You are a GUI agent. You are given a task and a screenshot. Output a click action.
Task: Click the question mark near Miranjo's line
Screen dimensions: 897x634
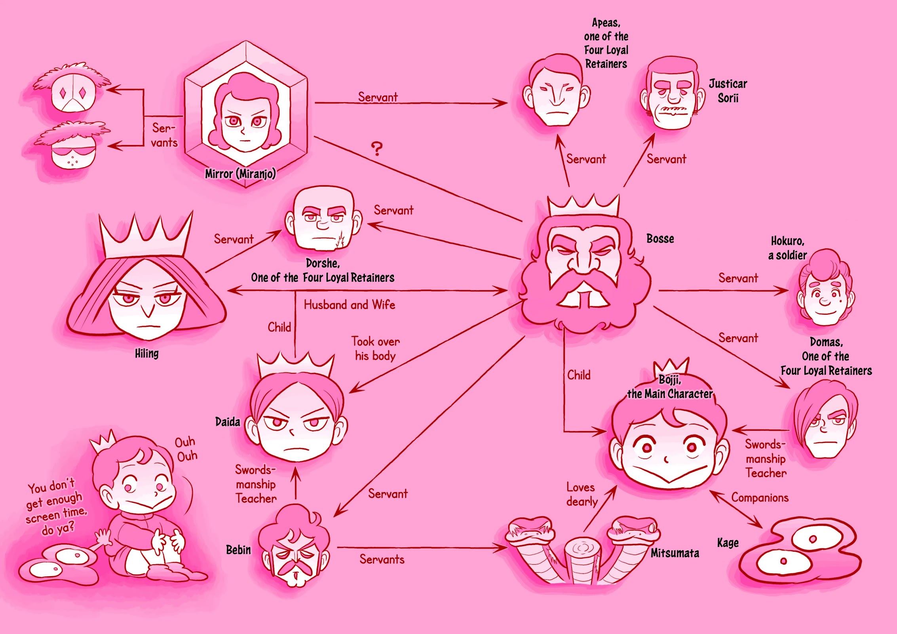(377, 149)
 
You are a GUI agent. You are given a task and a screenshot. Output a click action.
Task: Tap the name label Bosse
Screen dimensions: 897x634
(660, 239)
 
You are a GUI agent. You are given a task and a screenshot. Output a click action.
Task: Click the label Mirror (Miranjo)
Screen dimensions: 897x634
(240, 174)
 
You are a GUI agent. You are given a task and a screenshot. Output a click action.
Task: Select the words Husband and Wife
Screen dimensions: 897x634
(350, 305)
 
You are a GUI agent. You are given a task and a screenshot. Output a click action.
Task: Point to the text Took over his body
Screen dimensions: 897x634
(376, 349)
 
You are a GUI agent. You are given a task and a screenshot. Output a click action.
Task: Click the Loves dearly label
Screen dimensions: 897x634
(582, 495)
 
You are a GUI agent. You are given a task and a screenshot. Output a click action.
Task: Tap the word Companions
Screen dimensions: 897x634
(760, 498)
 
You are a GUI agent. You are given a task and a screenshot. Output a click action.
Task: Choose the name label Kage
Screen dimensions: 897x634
(728, 543)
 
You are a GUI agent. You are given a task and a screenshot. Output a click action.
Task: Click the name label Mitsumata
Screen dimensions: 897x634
(675, 553)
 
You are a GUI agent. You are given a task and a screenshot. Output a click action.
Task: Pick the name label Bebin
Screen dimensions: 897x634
(238, 550)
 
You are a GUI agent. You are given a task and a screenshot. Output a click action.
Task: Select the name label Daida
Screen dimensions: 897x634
(228, 422)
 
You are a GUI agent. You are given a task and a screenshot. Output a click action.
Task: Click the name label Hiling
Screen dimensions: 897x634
(146, 353)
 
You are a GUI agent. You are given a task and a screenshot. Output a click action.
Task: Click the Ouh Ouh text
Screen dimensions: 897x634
(186, 449)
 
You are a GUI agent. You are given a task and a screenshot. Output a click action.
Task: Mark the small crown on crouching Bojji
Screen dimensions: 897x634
(103, 441)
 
